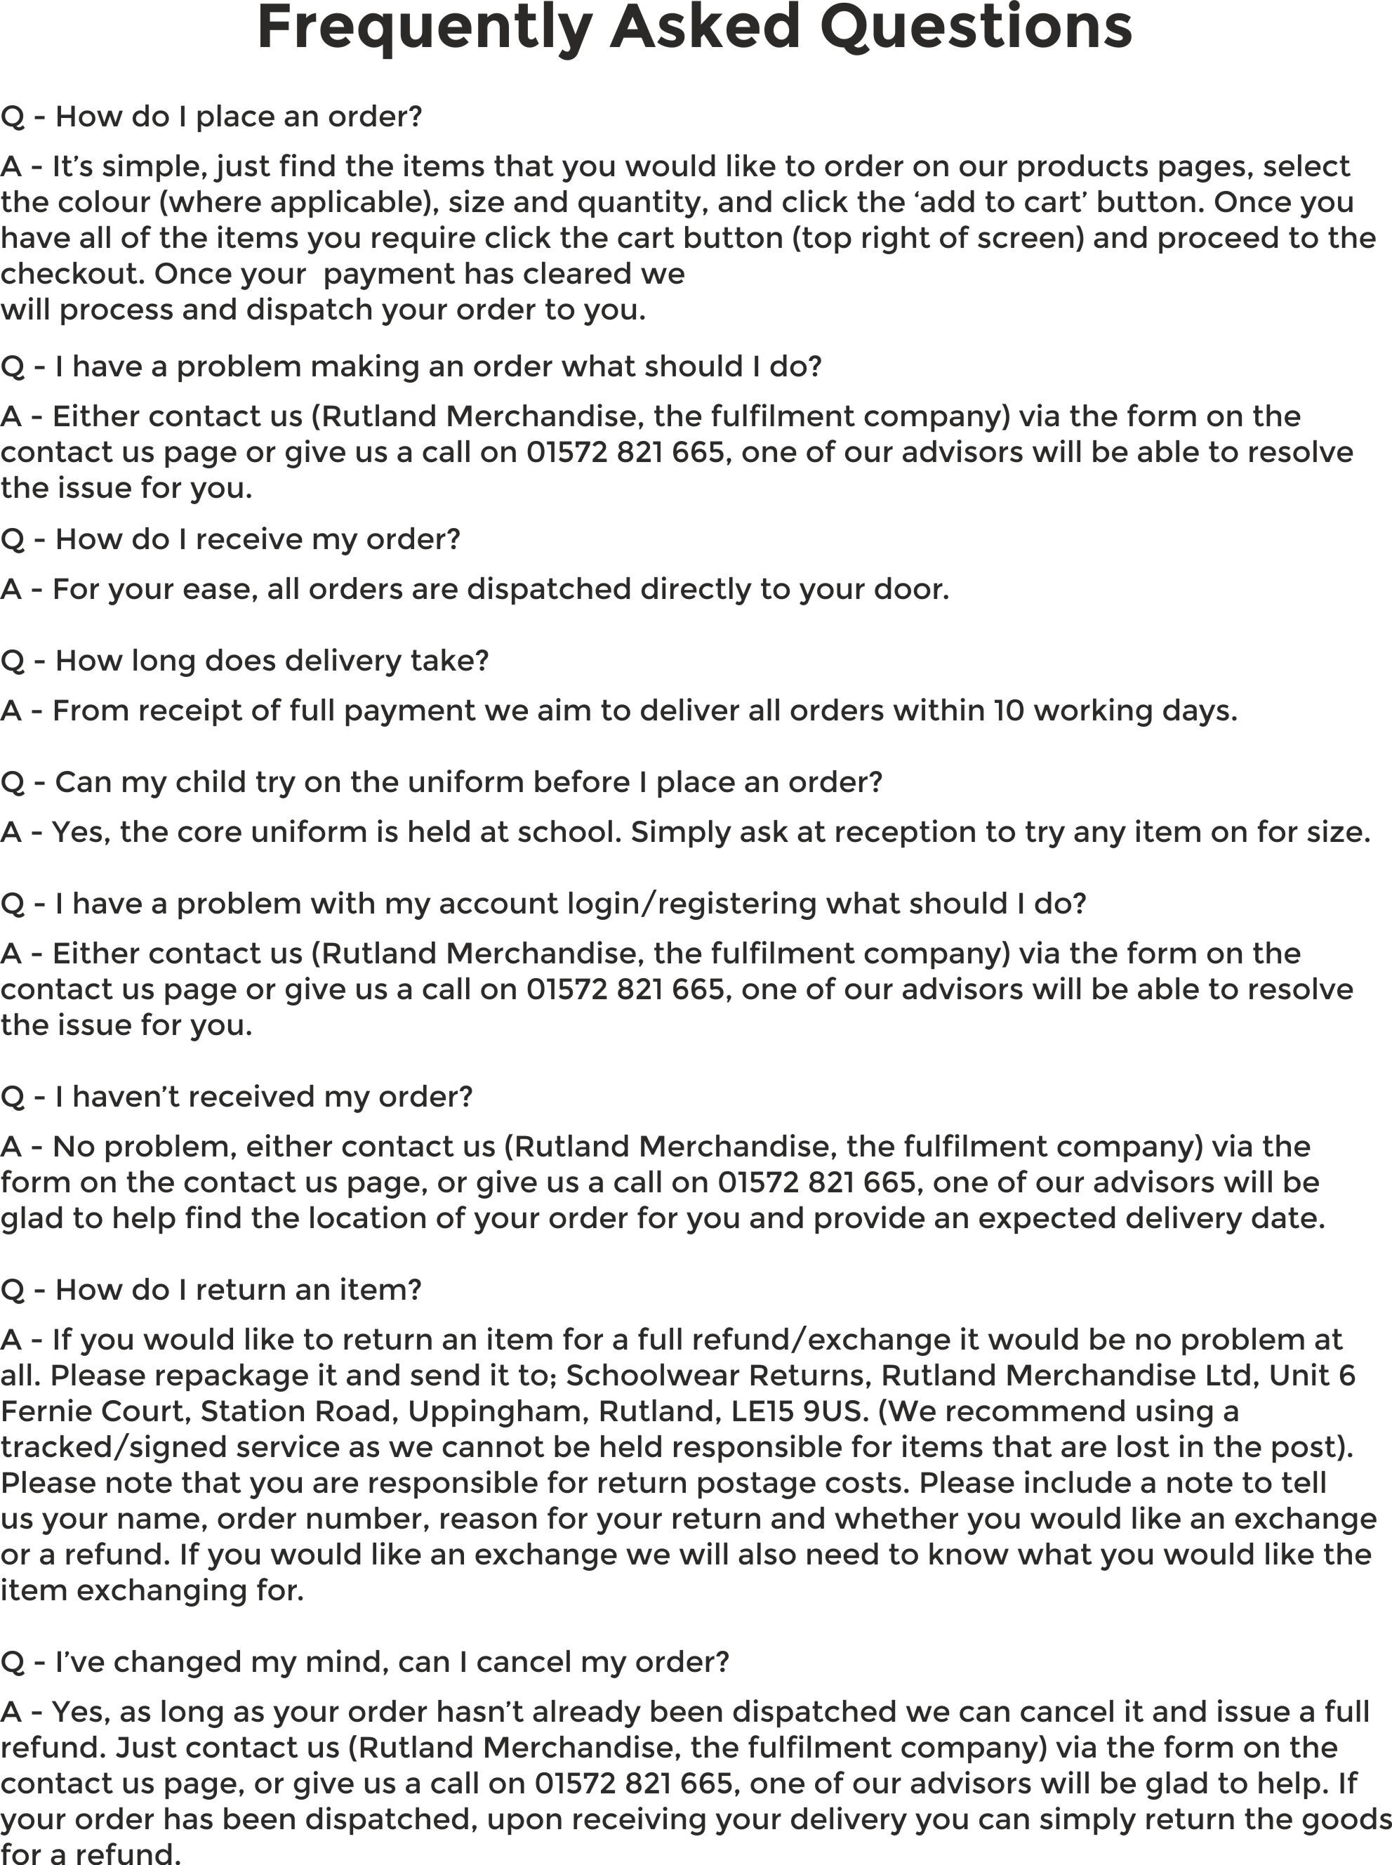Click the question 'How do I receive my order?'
point(230,539)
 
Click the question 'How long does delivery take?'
point(244,661)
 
